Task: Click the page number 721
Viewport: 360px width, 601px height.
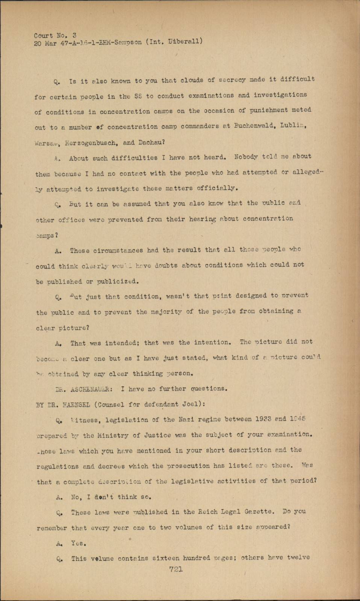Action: (x=176, y=569)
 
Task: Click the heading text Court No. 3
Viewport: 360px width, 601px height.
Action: (x=55, y=36)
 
